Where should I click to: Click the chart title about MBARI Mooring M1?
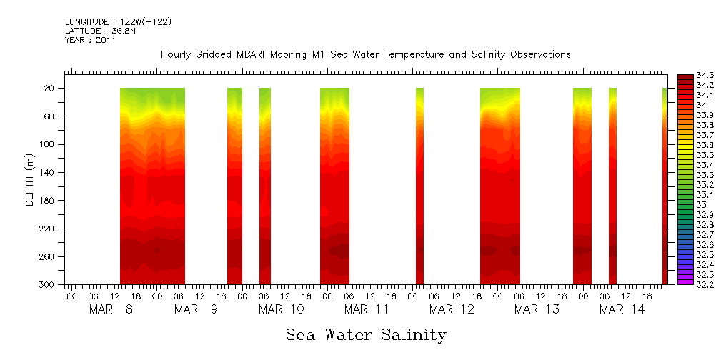365,55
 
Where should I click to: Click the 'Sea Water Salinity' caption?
366,334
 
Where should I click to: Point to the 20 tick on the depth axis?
51,89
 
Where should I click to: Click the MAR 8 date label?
111,309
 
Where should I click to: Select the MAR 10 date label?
281,309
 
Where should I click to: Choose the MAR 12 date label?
452,309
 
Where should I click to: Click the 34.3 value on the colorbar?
706,75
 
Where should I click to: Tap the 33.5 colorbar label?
706,155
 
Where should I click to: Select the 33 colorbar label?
702,205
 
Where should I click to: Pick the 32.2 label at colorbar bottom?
706,284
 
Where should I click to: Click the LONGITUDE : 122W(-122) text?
118,22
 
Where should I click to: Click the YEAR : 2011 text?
90,41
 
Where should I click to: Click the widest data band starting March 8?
152,186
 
